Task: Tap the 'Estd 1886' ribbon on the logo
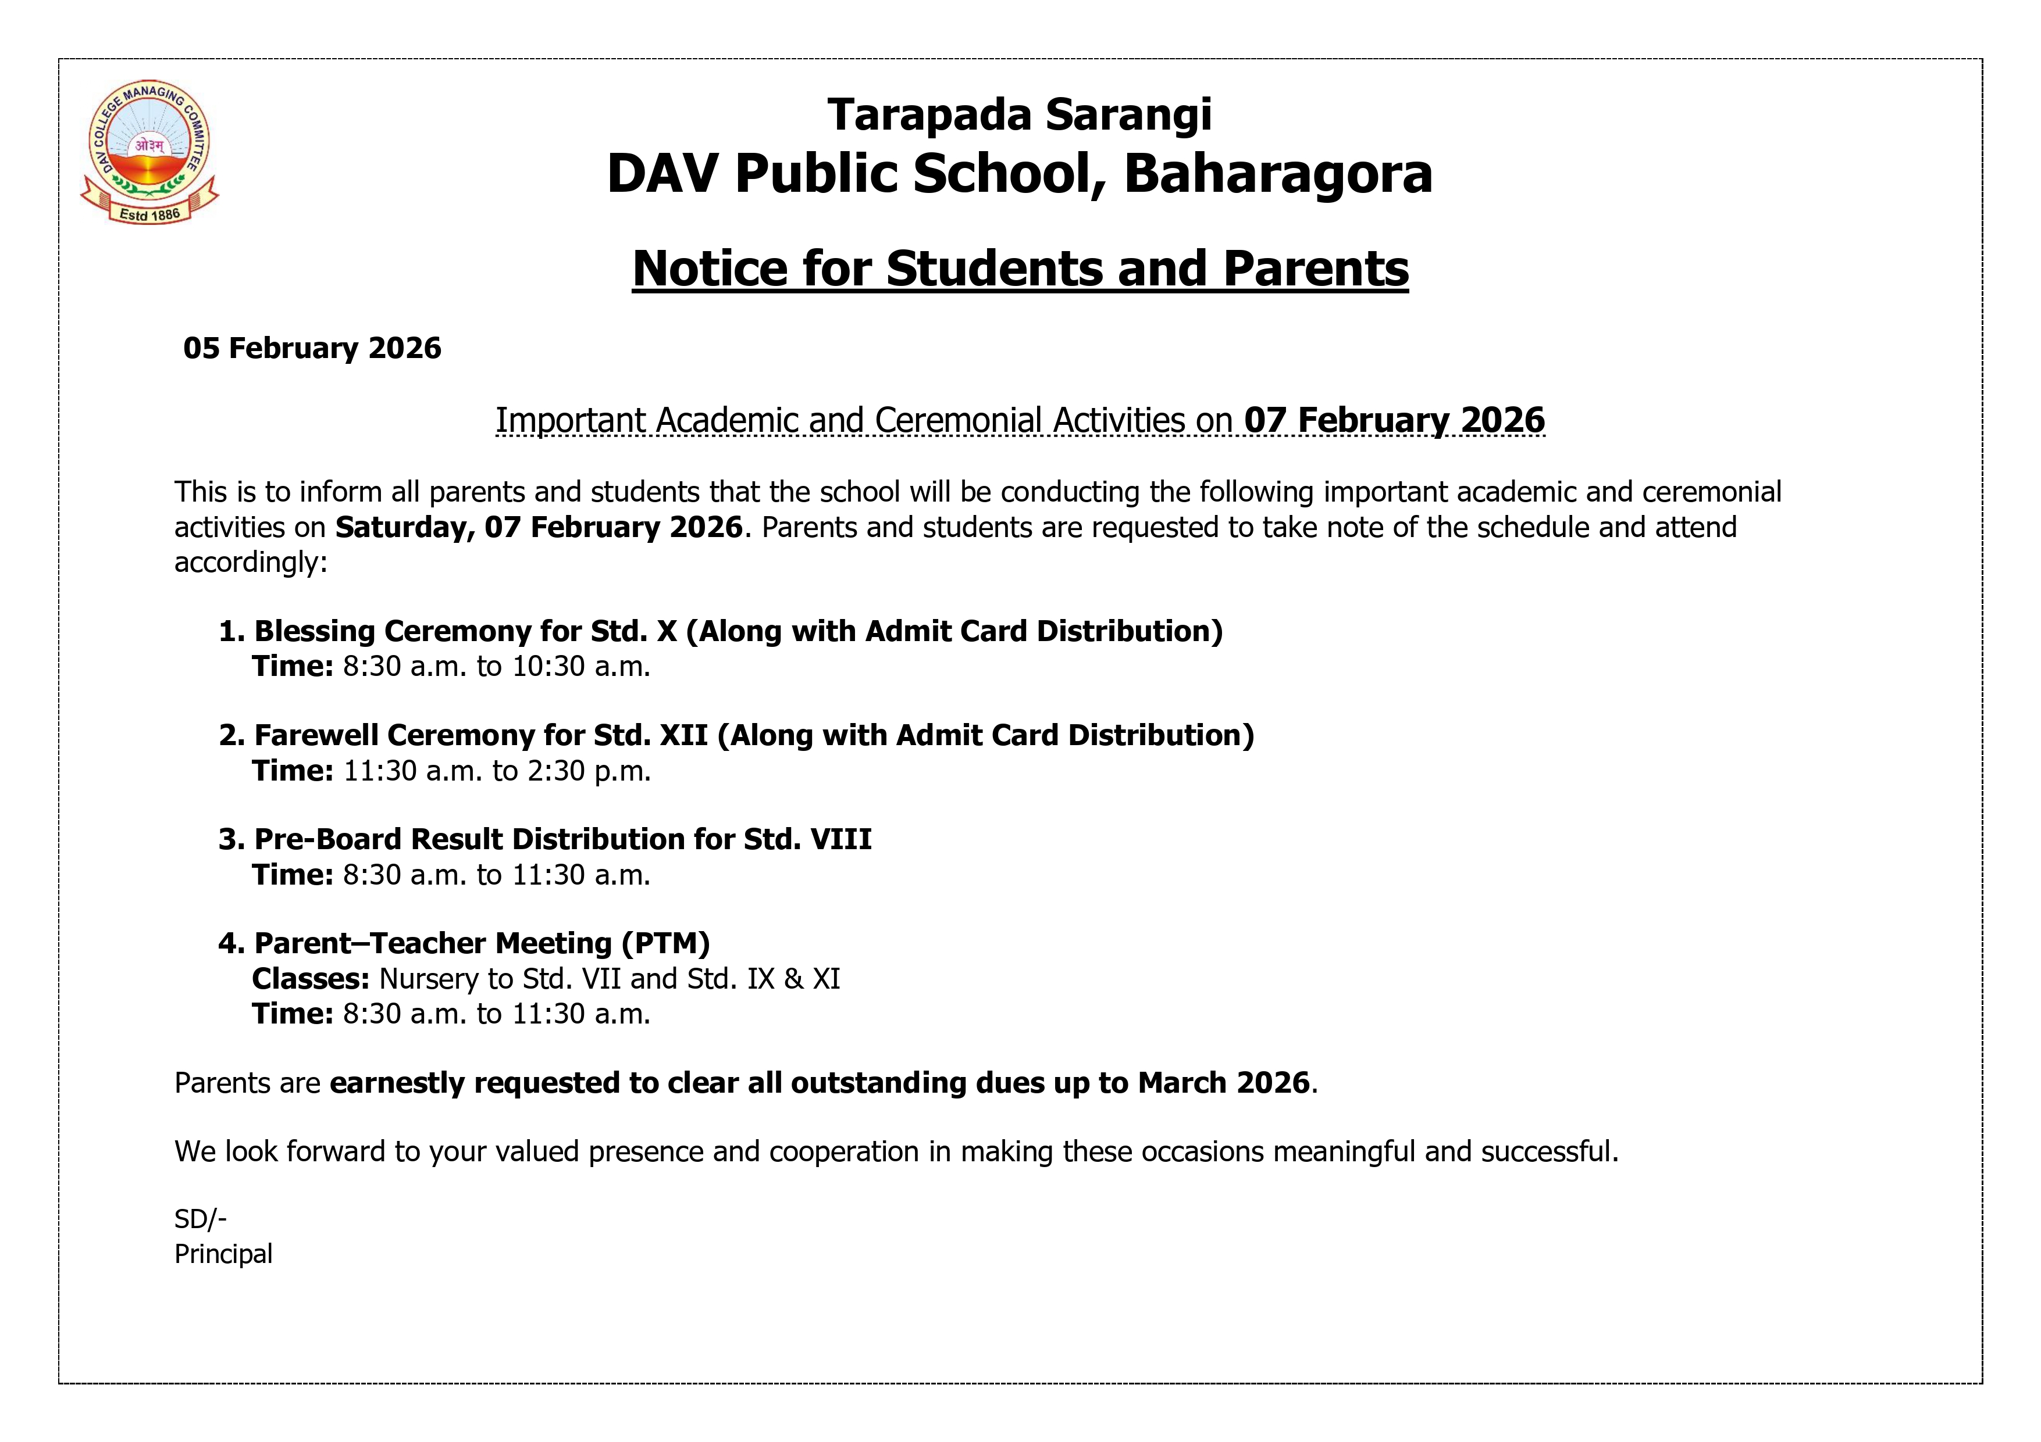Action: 149,214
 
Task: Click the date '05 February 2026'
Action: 312,348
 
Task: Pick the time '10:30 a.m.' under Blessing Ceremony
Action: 582,666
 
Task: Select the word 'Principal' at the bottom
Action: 223,1254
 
